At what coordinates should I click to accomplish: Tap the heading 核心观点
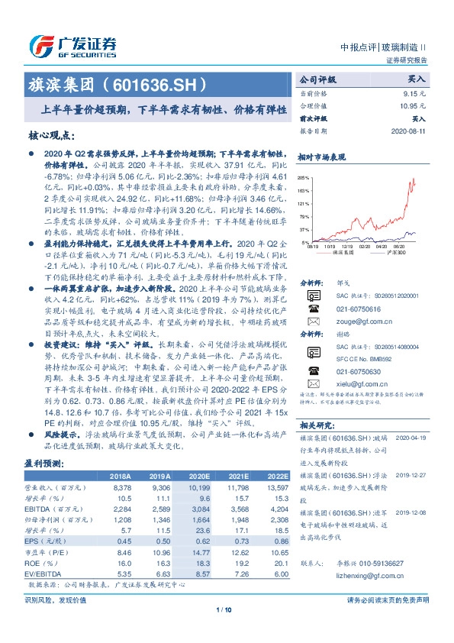(x=50, y=136)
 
